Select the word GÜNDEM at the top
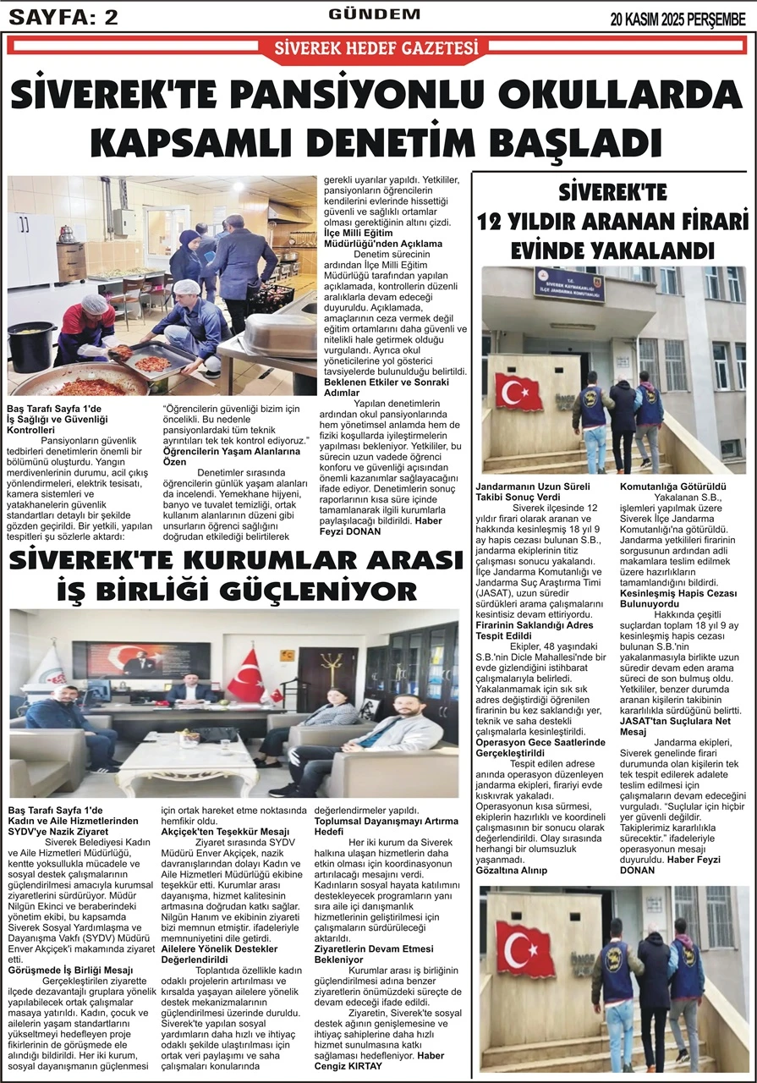[374, 14]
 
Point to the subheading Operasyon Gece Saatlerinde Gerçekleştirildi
[540, 747]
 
